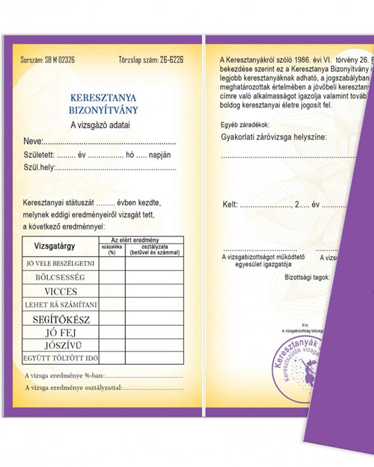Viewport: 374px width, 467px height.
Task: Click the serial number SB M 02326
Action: (x=60, y=60)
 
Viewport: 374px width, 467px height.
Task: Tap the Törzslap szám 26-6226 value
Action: (x=166, y=60)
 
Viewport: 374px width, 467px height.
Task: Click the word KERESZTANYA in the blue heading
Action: (x=103, y=97)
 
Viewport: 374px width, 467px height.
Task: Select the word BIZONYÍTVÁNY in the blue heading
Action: (x=103, y=111)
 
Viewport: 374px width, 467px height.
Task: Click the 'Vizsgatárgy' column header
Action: (x=55, y=247)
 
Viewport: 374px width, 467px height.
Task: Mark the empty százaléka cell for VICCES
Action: (x=111, y=291)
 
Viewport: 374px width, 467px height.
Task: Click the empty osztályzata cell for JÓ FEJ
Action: (x=154, y=332)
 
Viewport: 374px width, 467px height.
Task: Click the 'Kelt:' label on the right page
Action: (x=230, y=205)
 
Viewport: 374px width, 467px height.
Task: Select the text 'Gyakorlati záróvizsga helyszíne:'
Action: (x=273, y=137)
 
